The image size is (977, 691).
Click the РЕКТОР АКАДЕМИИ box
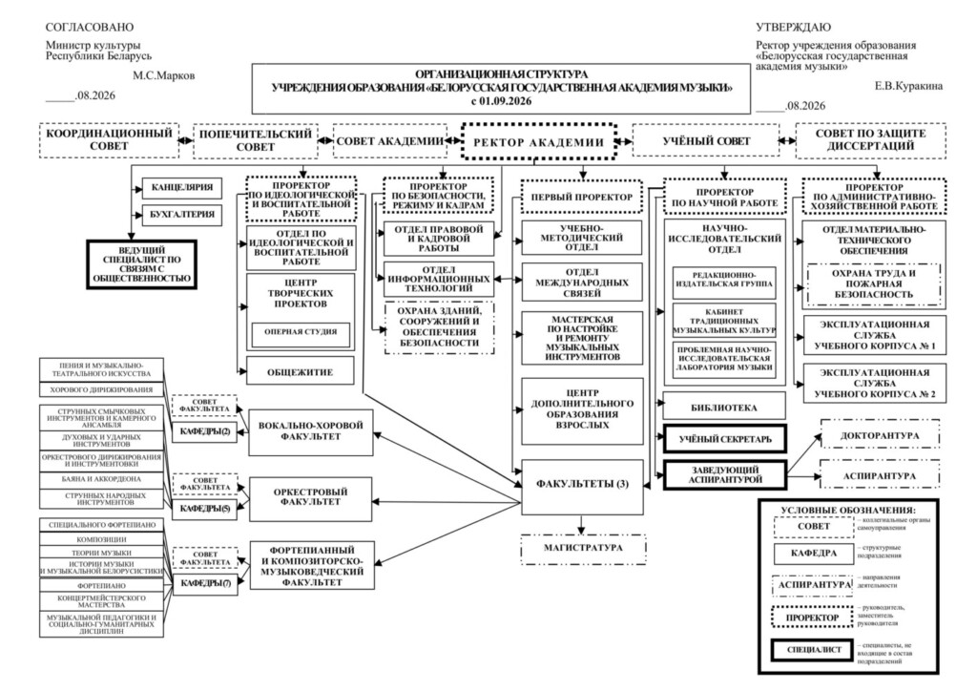(539, 142)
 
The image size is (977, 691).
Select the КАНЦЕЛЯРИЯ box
(182, 188)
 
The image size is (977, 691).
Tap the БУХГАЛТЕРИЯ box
(182, 215)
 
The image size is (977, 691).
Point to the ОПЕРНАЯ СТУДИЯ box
(301, 333)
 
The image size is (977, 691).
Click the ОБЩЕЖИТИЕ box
(301, 372)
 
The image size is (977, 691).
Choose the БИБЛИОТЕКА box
(724, 408)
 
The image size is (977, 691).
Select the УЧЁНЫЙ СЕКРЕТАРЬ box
(725, 439)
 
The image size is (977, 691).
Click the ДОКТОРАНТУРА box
(880, 435)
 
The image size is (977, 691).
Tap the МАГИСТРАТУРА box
(583, 548)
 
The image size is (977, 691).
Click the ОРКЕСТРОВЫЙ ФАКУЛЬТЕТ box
(310, 498)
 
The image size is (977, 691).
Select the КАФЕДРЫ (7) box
(205, 584)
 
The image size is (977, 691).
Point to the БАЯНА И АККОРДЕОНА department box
(101, 480)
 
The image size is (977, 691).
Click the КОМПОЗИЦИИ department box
(101, 539)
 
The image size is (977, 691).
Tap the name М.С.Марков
(163, 76)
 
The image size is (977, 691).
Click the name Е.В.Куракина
(908, 86)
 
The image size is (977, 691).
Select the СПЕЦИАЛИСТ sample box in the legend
(813, 650)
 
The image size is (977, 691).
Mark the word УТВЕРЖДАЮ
(793, 28)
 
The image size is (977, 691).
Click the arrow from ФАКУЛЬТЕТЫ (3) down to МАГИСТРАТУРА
(582, 524)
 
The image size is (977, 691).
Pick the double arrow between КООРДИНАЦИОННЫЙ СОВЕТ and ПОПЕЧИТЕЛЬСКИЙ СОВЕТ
(185, 141)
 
